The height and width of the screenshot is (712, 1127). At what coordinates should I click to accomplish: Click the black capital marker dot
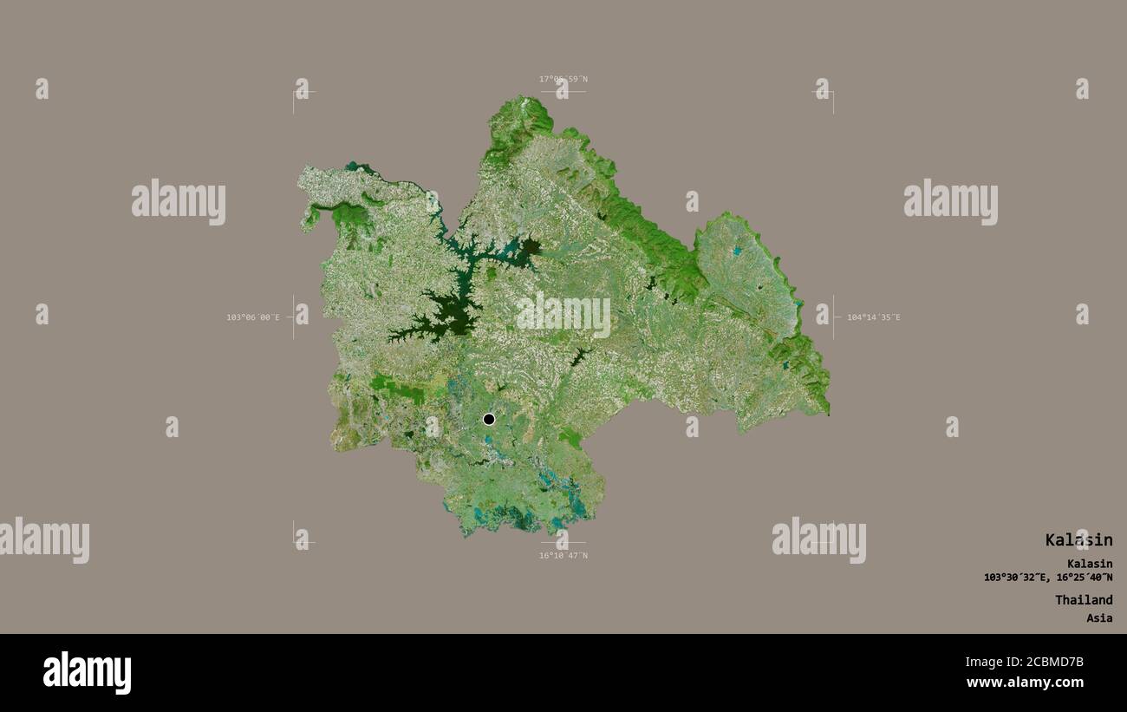tap(489, 419)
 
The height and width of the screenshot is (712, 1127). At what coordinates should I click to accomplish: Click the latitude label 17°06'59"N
tap(563, 79)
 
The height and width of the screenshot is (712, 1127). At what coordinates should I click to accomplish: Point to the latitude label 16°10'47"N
tap(563, 555)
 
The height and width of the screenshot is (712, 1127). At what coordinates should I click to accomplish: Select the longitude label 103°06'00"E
tap(253, 317)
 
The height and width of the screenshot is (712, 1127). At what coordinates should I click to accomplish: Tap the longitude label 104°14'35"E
tap(873, 317)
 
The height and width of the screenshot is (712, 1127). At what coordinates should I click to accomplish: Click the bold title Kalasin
tap(1078, 540)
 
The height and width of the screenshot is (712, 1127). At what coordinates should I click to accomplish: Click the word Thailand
tap(1084, 600)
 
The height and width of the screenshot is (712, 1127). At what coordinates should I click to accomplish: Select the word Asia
tap(1099, 618)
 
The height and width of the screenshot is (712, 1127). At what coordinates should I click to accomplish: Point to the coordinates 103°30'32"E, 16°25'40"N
tap(1048, 578)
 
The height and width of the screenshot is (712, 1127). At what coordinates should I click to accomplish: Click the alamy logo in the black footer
tap(87, 673)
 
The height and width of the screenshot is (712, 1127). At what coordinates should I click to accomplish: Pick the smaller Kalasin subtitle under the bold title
tap(1090, 564)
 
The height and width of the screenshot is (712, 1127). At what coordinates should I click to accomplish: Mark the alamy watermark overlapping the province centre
tap(563, 314)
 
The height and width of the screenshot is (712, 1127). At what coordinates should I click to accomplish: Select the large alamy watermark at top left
tap(179, 201)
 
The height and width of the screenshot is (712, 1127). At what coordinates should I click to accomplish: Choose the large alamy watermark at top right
tap(950, 201)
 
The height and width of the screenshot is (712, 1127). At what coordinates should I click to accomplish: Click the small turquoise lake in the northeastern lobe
tap(737, 251)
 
